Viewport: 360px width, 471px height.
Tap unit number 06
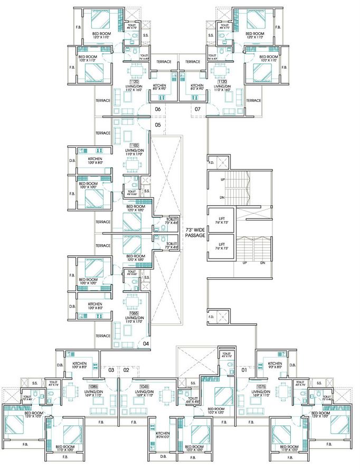click(x=158, y=109)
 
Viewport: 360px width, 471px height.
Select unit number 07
click(x=197, y=109)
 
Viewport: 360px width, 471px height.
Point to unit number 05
click(x=158, y=125)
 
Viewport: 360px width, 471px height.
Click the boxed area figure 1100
click(x=134, y=145)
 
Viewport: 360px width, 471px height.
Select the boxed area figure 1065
click(x=134, y=313)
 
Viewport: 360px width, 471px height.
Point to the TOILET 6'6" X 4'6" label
click(x=193, y=400)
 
